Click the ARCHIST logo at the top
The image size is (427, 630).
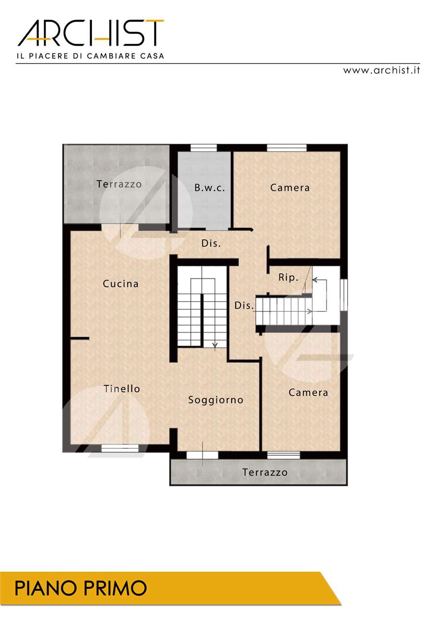[x=91, y=33]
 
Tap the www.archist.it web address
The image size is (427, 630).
[x=381, y=70]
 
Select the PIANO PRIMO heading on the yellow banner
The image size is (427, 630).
[x=81, y=588]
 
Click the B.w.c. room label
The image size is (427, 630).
[x=210, y=188]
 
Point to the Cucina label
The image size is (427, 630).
[x=121, y=283]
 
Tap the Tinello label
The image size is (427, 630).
[x=122, y=389]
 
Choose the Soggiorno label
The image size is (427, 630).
[x=215, y=400]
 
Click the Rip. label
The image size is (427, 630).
[x=288, y=278]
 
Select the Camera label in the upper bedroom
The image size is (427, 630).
[x=290, y=188]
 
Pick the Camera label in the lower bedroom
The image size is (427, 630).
[x=308, y=392]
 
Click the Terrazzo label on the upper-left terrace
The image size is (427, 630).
[x=119, y=184]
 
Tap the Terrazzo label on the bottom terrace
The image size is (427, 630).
[x=265, y=472]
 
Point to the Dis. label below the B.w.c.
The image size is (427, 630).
[x=211, y=243]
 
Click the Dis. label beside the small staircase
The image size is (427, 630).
[x=244, y=306]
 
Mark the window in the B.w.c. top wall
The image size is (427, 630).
[x=204, y=148]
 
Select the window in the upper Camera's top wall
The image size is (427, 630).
[x=287, y=148]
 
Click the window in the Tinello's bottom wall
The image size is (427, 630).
[x=120, y=448]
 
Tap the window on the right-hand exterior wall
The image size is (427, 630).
[x=344, y=295]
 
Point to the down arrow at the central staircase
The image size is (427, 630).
[x=215, y=345]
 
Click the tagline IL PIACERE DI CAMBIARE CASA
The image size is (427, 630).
[x=91, y=56]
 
